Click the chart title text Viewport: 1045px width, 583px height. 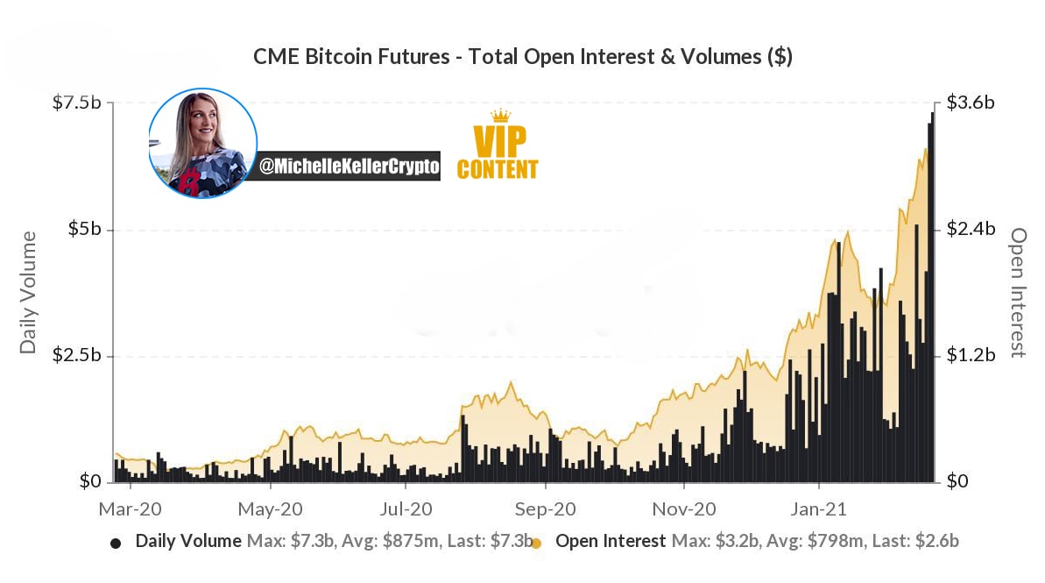(x=522, y=57)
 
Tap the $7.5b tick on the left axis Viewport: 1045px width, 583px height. (x=76, y=103)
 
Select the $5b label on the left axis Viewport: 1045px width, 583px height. (x=85, y=229)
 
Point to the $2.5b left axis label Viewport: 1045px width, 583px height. (x=76, y=355)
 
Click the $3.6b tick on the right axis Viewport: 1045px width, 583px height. (x=971, y=103)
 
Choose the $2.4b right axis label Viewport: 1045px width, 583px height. (x=971, y=229)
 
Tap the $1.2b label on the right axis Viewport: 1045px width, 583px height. (x=971, y=355)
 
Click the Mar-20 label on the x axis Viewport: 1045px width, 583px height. (x=130, y=509)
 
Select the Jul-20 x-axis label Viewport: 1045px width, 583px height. (x=406, y=509)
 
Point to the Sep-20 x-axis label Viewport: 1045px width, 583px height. (x=545, y=509)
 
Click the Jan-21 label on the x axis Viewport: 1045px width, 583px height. (x=818, y=509)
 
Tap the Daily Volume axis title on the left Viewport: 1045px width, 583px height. (x=27, y=292)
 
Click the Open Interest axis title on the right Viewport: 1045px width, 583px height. (x=1019, y=292)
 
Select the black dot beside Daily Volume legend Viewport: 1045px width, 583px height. (x=116, y=543)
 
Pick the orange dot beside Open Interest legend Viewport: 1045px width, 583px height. (x=536, y=543)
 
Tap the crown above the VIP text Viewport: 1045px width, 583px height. (x=500, y=116)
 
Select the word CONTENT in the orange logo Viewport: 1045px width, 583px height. (x=498, y=169)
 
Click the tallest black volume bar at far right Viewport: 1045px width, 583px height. (x=932, y=297)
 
